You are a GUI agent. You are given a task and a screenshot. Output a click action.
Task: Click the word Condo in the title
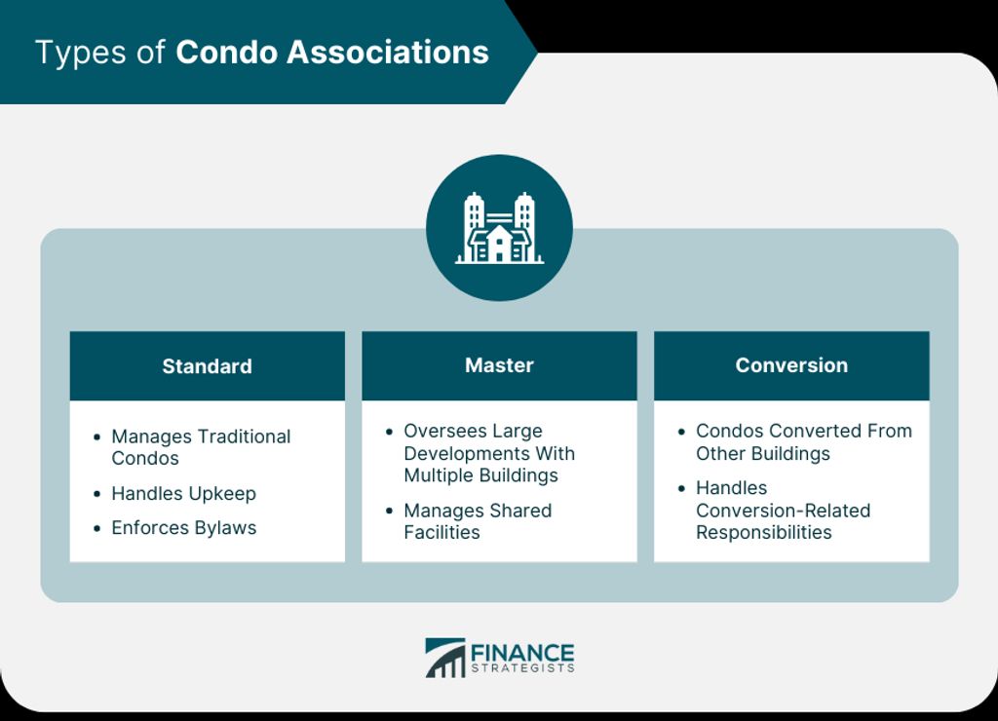point(226,53)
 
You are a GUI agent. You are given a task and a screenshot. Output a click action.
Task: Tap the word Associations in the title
point(388,53)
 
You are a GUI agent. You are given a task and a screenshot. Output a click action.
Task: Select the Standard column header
point(207,366)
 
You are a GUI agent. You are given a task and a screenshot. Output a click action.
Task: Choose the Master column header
point(499,365)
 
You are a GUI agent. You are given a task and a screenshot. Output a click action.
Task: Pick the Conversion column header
point(791,365)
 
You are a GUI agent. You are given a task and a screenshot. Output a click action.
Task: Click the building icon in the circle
point(499,228)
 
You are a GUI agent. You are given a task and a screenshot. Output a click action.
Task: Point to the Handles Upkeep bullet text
point(183,493)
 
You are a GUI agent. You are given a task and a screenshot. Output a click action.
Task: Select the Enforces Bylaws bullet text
point(184,527)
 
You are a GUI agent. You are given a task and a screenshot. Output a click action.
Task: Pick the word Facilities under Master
point(441,532)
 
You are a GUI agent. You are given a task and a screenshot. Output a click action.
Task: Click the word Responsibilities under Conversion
point(764,532)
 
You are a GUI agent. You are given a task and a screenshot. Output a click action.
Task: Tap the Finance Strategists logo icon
point(444,658)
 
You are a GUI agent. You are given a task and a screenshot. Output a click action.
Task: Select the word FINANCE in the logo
point(522,653)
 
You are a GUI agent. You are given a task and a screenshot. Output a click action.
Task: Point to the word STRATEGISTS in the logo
point(522,668)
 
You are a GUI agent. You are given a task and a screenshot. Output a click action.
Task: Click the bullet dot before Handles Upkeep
point(96,494)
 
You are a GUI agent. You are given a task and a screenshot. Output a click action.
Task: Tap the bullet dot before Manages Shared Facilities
point(389,511)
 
